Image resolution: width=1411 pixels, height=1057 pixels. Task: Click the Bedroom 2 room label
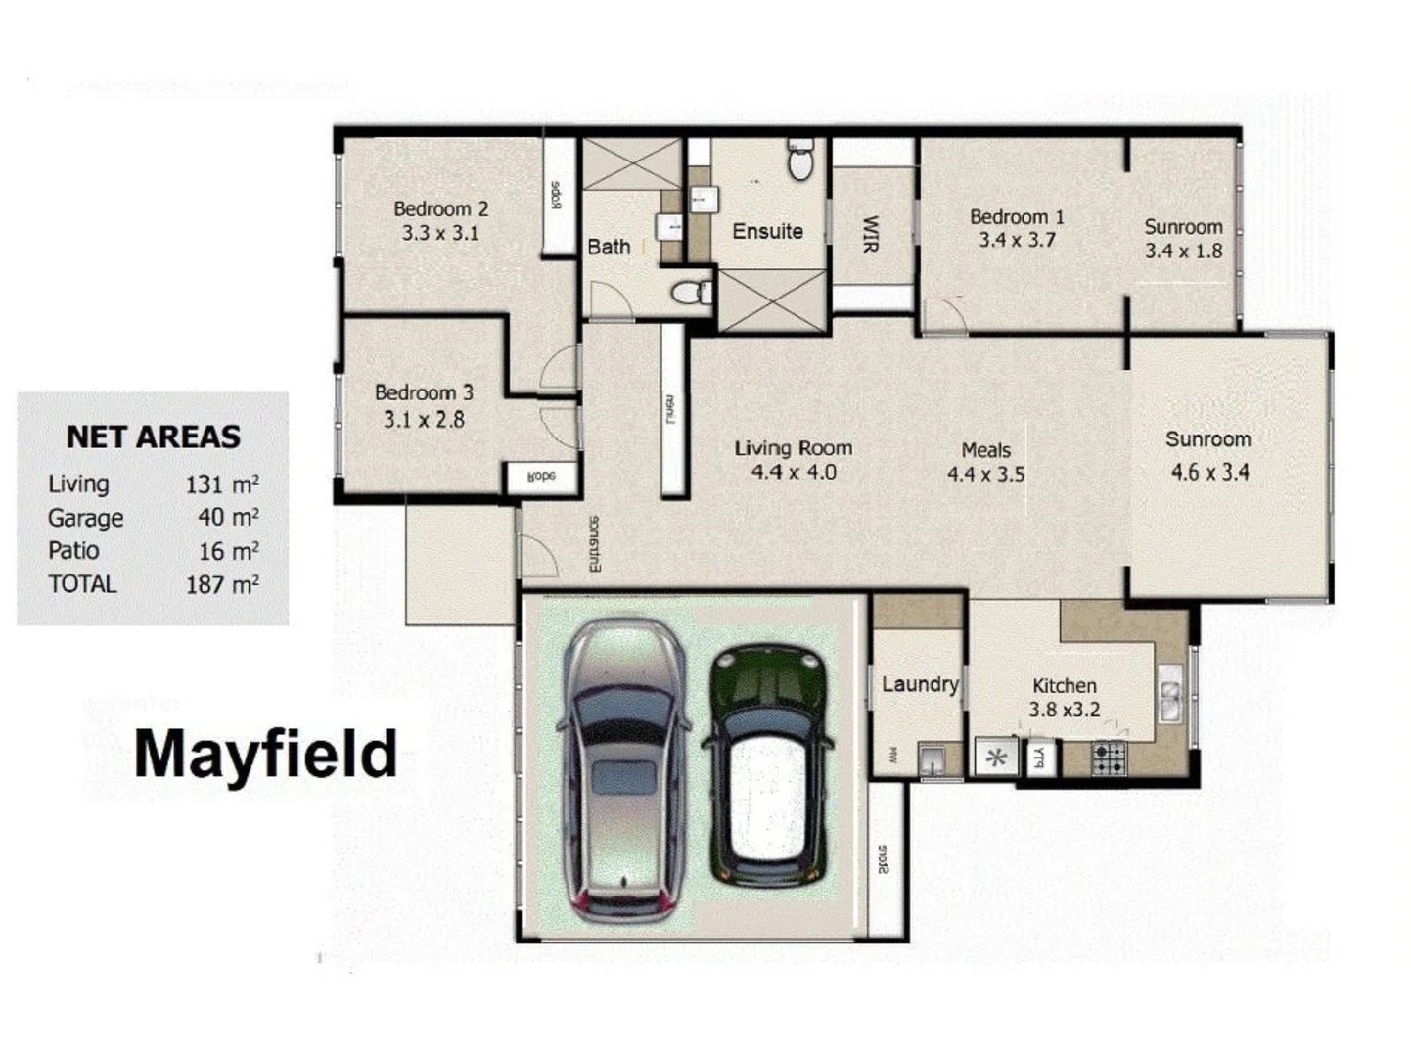click(440, 208)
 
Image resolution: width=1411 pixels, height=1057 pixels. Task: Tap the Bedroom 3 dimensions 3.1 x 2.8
click(424, 420)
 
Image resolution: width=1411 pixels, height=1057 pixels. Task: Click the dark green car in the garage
click(769, 763)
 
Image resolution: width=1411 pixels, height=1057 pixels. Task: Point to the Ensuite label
click(767, 232)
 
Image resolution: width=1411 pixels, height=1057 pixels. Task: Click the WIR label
click(871, 235)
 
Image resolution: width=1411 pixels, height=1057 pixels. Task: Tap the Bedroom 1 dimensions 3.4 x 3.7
click(1017, 240)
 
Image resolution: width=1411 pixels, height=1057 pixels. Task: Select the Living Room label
click(793, 448)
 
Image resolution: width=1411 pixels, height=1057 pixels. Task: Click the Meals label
click(985, 450)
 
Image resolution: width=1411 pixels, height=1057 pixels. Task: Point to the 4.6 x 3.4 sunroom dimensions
click(1209, 473)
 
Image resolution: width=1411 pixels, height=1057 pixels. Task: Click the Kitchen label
click(1065, 686)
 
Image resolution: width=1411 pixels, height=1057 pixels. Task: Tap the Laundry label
click(920, 684)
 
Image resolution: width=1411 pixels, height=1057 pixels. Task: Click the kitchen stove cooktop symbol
click(1109, 758)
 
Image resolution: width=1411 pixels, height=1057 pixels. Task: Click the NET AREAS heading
click(153, 437)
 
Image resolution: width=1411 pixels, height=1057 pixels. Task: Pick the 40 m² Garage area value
click(228, 517)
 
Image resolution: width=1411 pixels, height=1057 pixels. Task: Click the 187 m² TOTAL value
click(222, 584)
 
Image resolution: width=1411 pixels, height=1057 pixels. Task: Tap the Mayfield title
click(265, 754)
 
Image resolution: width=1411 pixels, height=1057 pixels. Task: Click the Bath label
click(609, 248)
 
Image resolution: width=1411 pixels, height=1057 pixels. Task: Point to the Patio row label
click(73, 550)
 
